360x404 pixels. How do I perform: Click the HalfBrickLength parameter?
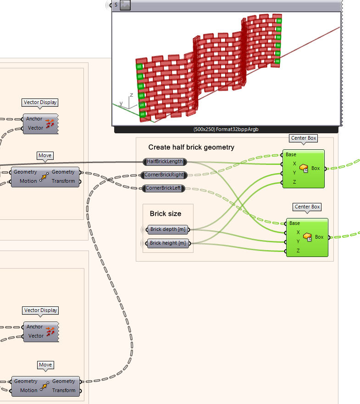click(165, 162)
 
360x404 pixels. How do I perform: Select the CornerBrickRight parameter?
click(165, 175)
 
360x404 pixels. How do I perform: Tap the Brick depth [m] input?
click(168, 229)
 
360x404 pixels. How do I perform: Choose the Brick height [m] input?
click(168, 243)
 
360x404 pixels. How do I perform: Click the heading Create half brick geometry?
click(191, 147)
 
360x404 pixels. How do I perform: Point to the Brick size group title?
click(165, 213)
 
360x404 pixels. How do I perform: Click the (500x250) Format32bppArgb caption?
click(227, 130)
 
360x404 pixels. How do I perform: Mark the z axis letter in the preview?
click(131, 95)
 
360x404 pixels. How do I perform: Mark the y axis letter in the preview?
click(121, 103)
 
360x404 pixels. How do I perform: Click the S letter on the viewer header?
click(116, 5)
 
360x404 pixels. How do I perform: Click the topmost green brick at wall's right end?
click(279, 20)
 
